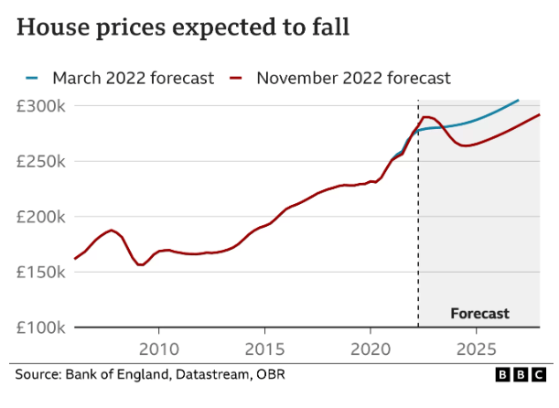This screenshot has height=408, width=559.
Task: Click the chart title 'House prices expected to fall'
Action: point(183,27)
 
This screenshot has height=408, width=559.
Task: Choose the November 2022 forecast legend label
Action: point(353,78)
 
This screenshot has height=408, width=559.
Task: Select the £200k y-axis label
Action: point(41,217)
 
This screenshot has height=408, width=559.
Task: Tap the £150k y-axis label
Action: point(41,272)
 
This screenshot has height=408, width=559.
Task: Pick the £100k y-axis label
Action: point(41,327)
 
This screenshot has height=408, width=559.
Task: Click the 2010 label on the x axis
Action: point(158,349)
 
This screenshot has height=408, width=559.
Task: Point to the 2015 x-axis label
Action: point(264,349)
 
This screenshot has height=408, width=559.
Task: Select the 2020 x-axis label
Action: point(371,349)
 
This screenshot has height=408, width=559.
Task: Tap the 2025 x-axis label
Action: point(477,349)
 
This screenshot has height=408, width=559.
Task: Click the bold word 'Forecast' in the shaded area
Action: point(479,313)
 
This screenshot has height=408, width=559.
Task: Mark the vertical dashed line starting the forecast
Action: point(418,210)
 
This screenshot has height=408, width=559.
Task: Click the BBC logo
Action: point(519,374)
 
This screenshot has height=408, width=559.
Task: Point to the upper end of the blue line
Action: point(518,100)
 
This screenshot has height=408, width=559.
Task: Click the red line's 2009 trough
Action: point(141,264)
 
